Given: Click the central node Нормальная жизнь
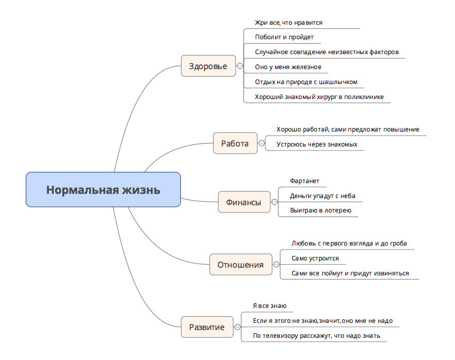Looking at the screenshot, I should (x=103, y=190).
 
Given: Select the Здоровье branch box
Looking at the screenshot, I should (x=208, y=66).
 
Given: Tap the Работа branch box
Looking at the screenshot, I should (x=235, y=143).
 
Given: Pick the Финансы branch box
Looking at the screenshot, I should (x=244, y=202).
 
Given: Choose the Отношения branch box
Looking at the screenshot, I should (x=240, y=265).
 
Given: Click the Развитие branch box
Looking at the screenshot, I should (x=207, y=327).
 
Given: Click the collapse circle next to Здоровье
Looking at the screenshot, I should (x=240, y=66).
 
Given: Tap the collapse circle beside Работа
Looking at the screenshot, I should (x=261, y=143).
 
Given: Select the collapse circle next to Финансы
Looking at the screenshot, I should (x=275, y=202).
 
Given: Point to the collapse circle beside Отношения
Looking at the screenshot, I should (x=276, y=265).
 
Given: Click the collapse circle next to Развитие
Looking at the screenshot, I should (x=237, y=327).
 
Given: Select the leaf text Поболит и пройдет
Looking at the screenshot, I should (x=284, y=37).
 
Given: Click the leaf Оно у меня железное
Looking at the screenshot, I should (x=288, y=67).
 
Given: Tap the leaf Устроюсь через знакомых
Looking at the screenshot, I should (x=316, y=144).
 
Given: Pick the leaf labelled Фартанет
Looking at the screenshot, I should (x=305, y=181).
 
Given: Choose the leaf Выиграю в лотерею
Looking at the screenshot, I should (x=320, y=210).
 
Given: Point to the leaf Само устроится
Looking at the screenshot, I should (x=315, y=258).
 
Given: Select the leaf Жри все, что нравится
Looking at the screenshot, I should (x=289, y=23).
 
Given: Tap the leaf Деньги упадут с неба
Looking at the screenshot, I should (x=322, y=196).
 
